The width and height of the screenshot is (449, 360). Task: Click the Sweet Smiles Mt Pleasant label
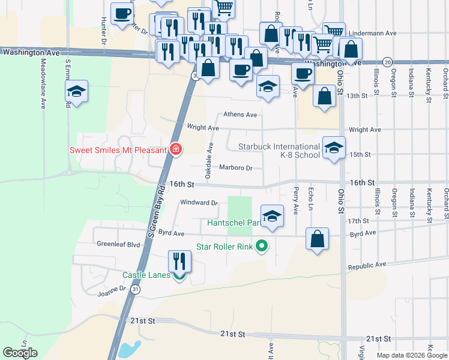point(118,150)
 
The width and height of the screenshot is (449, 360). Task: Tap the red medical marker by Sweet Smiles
point(176,149)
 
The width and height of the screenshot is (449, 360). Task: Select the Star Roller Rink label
point(225,246)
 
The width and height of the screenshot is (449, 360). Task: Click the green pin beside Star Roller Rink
point(261,246)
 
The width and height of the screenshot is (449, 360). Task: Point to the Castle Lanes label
point(146,275)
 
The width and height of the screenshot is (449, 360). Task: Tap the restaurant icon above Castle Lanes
point(179,262)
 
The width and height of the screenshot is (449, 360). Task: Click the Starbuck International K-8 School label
point(279,151)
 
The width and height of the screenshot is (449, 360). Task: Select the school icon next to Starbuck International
point(334,148)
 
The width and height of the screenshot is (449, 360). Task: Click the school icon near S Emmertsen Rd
point(77,91)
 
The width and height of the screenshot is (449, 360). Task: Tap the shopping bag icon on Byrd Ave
point(318,238)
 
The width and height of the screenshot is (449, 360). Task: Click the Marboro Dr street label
point(235,168)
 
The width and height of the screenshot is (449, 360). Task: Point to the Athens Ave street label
point(240,115)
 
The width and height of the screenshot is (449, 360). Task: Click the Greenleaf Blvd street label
point(118,245)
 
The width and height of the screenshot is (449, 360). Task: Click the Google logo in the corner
point(20,353)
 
